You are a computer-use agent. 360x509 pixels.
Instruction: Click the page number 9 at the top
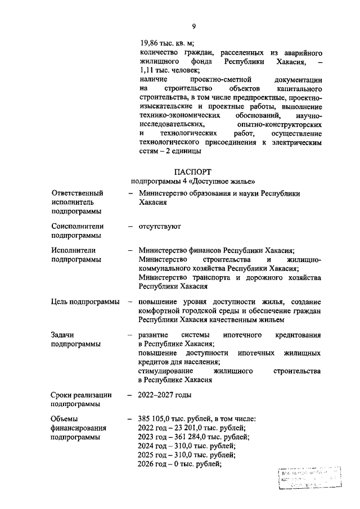click(193, 26)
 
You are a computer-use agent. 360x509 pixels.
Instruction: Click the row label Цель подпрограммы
click(85, 302)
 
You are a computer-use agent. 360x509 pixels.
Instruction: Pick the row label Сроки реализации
click(81, 395)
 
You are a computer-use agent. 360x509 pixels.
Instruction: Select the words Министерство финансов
click(180, 250)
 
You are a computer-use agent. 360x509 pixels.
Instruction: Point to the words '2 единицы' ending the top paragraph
click(182, 151)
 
